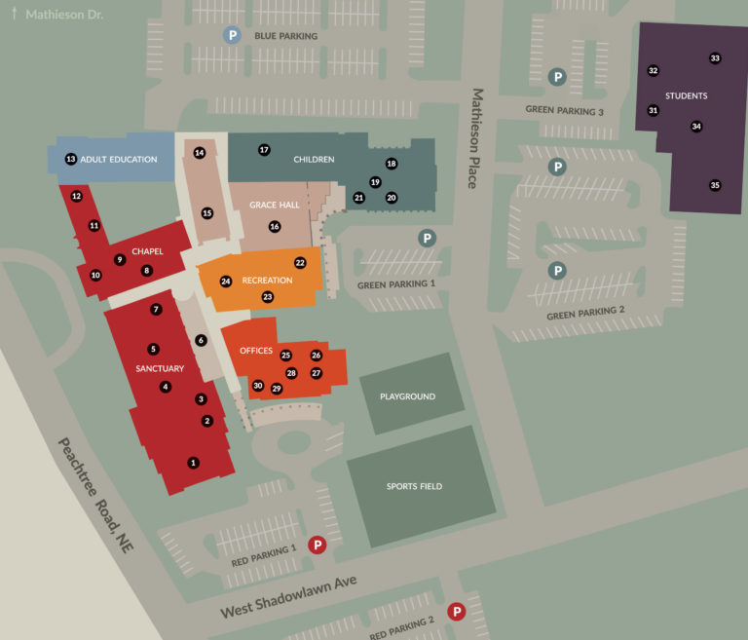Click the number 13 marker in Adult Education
pos(70,159)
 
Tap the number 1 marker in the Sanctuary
pos(193,463)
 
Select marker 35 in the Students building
pos(715,185)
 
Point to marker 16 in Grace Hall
pos(275,226)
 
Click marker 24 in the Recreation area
pos(226,282)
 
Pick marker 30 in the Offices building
pos(258,386)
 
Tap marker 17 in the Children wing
pos(264,150)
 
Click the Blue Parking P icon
pos(232,36)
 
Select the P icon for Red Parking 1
pos(317,546)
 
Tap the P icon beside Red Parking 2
pos(455,612)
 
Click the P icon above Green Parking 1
pos(427,238)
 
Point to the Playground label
pos(407,397)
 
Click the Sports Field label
pos(415,486)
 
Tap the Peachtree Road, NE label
pos(94,496)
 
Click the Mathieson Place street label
pos(477,137)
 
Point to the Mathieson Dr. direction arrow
pos(15,15)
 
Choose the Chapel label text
pos(147,251)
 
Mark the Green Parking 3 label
pos(565,111)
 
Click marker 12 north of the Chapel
pos(77,196)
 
